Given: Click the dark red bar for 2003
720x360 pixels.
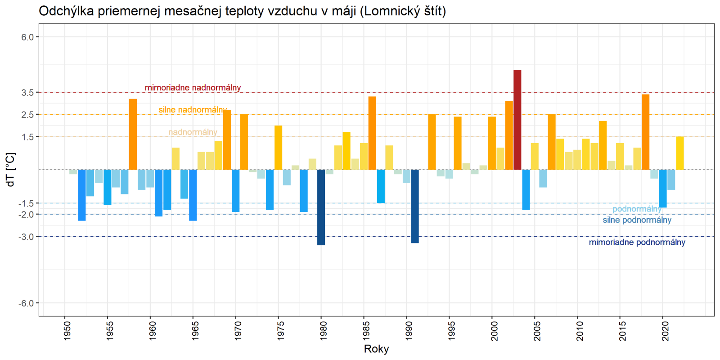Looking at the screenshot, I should click(517, 120).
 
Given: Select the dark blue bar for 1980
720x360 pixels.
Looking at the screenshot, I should click(321, 207).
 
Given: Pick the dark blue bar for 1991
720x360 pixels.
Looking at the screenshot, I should click(415, 206).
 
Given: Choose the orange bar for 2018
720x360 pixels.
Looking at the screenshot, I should click(645, 132).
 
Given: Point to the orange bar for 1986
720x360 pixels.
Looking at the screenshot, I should click(372, 133).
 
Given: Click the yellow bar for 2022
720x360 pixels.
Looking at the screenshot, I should click(679, 153).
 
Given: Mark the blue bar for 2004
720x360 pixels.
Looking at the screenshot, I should click(526, 189).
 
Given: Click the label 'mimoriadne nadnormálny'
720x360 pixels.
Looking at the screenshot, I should click(193, 88).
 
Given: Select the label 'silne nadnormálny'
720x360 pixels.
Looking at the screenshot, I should click(193, 110).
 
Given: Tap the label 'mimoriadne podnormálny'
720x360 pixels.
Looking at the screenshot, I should click(637, 243).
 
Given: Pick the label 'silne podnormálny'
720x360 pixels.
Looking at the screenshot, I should click(637, 220).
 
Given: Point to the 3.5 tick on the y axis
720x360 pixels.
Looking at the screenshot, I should click(28, 93).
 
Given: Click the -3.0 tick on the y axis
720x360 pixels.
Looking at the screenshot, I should click(27, 237).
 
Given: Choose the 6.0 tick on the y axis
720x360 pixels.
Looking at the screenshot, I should click(28, 37).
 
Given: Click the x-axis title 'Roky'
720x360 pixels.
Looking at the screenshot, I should click(376, 349).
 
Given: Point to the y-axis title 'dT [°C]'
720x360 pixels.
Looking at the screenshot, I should click(11, 170).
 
